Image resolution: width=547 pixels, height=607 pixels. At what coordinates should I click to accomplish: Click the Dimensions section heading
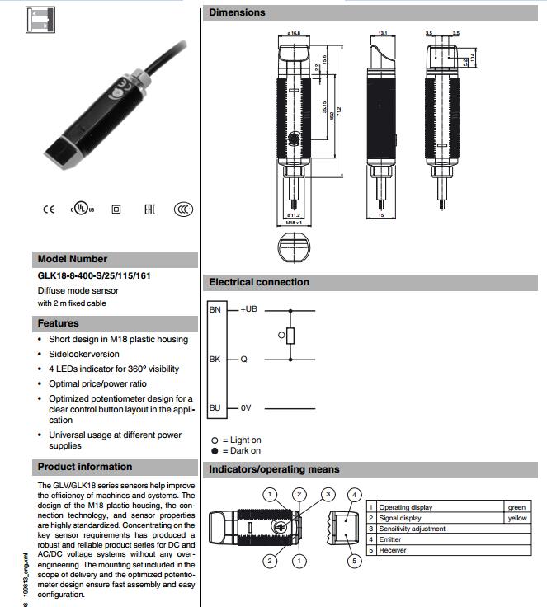[238, 12]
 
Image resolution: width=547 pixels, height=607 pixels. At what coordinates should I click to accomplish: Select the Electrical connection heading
[259, 282]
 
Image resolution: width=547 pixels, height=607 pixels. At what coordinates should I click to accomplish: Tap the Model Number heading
[73, 259]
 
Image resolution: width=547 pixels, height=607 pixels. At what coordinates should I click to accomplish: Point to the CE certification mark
[49, 209]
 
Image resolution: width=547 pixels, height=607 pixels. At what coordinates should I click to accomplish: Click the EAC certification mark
[149, 209]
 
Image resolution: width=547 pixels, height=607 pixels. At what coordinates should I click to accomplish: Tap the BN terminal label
[215, 309]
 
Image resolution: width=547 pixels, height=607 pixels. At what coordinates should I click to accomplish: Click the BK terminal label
[215, 360]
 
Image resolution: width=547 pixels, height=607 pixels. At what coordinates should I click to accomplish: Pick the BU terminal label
[215, 408]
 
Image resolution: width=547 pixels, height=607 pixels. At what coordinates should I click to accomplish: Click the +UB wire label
[249, 309]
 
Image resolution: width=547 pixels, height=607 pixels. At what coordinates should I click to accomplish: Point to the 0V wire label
[247, 408]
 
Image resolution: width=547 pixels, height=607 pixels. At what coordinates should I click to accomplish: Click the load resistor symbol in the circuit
[290, 335]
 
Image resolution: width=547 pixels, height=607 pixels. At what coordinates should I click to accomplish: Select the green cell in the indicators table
[516, 507]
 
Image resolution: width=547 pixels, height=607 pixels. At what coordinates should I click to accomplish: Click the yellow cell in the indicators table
[516, 518]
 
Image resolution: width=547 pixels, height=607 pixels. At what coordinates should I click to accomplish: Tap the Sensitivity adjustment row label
[412, 529]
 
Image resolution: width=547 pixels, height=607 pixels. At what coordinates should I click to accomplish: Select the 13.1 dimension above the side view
[382, 33]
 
